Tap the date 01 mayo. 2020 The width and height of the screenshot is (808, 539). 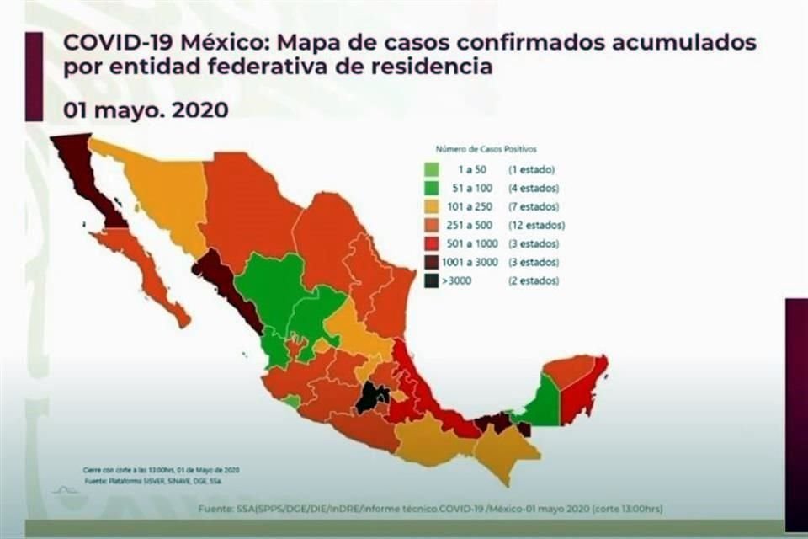[x=146, y=109]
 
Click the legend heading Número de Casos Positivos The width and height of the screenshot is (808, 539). [x=486, y=149]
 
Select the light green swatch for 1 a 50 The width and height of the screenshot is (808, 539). [x=432, y=170]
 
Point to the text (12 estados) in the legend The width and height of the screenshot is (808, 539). [x=536, y=226]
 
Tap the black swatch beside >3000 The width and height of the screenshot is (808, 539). [x=432, y=281]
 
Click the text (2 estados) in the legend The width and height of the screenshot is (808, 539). [x=534, y=281]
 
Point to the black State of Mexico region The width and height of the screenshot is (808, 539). [x=371, y=396]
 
